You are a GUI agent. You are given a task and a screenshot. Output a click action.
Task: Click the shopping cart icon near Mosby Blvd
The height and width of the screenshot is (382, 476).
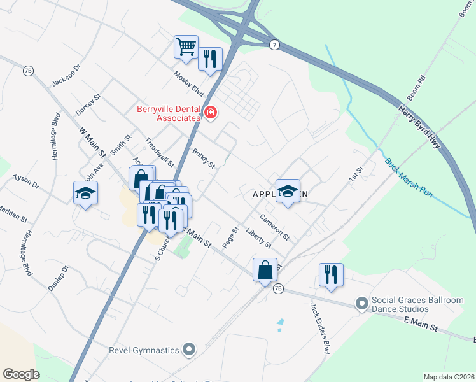pos(185,46)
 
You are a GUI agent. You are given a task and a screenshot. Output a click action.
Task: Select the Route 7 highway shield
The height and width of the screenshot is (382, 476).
pos(274,45)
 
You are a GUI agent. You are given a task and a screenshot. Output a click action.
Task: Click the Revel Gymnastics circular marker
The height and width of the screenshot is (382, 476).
pos(188,349)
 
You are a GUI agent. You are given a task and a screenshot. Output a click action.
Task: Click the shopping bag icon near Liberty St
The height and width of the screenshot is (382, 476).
pos(264,270)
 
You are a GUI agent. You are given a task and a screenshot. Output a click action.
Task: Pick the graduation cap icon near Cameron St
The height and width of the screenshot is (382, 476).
pos(288,191)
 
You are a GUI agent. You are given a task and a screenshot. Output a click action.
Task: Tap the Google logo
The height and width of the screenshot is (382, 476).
pos(21,374)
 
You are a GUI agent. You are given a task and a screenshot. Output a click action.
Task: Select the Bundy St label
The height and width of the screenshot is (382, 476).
pos(204,159)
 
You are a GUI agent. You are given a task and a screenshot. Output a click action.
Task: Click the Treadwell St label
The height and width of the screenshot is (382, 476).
pos(160,150)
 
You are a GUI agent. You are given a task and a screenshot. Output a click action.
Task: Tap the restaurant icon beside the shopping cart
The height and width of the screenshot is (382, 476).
pos(209,59)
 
